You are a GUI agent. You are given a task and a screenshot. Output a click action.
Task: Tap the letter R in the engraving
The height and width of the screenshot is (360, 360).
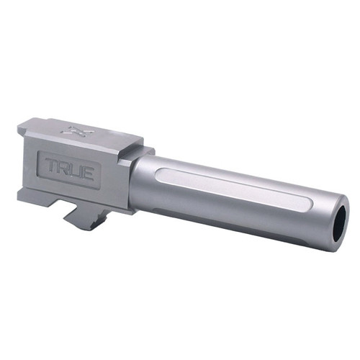[68, 167]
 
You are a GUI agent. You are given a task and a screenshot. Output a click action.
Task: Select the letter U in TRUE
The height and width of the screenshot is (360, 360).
[81, 169]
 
